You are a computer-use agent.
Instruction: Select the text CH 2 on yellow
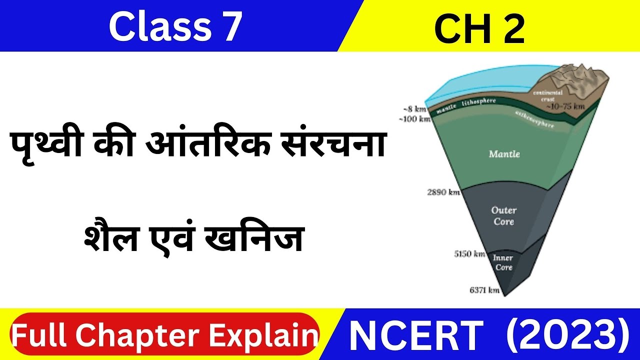479,28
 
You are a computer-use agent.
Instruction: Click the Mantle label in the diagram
504,154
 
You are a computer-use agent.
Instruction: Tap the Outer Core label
503,216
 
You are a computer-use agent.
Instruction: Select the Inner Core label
503,262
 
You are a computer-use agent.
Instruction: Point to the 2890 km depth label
443,192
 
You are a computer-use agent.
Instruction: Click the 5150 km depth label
469,254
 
